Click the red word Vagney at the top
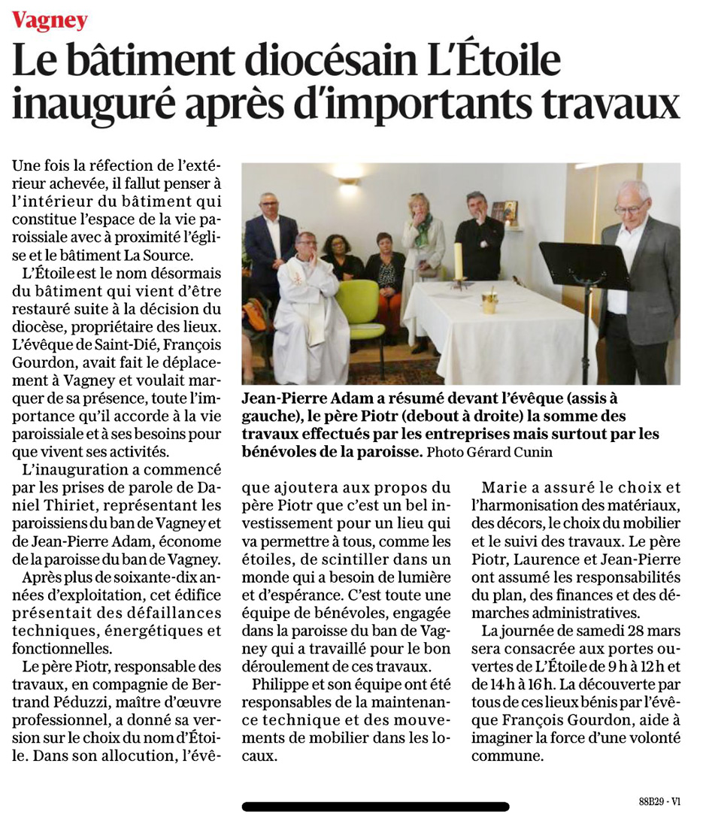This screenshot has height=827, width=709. [50, 20]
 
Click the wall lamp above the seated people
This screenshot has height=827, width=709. [348, 180]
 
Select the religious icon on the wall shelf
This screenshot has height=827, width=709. [510, 211]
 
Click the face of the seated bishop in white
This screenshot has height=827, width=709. [305, 246]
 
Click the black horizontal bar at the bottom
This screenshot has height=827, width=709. [375, 807]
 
